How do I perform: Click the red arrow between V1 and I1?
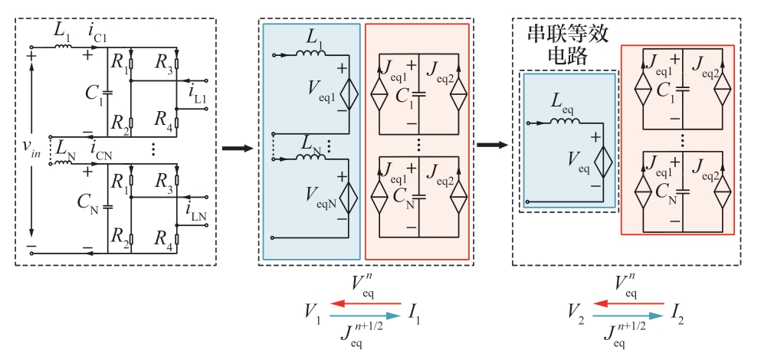pos(365,303)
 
